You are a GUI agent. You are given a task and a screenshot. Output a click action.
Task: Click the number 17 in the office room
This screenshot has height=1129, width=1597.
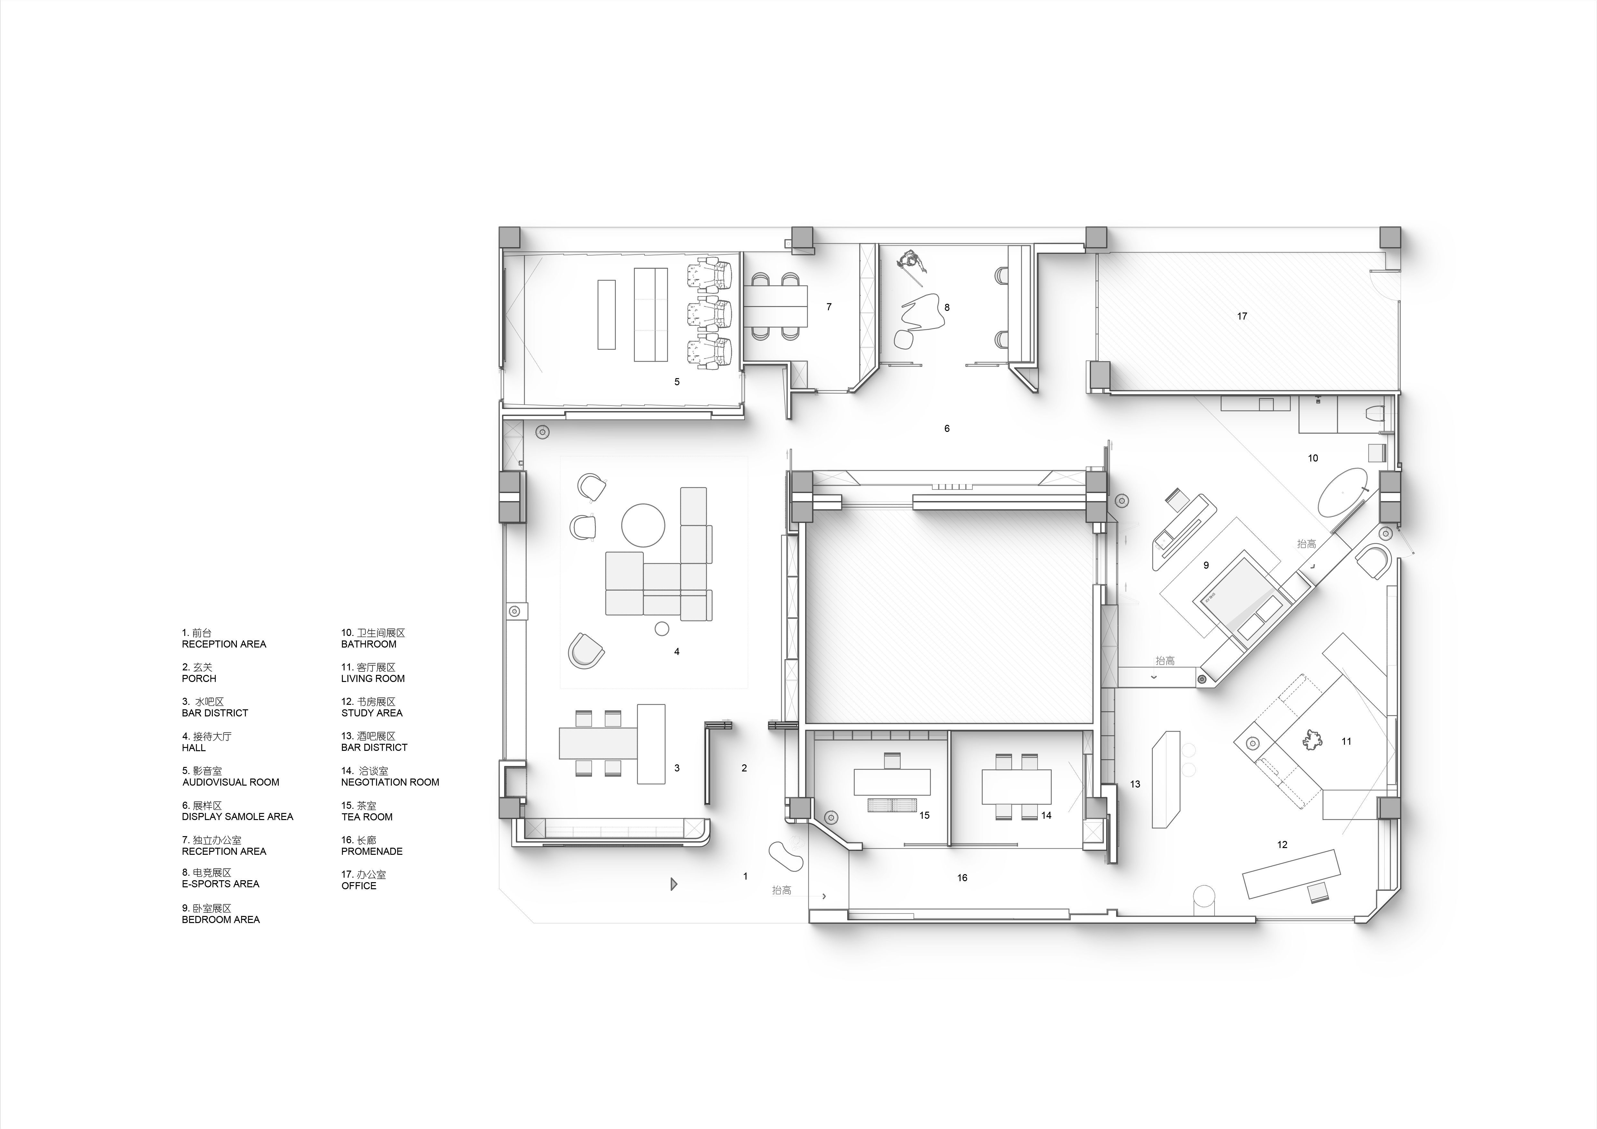tap(1242, 316)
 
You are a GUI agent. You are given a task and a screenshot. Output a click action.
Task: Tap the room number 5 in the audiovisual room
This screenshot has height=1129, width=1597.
tap(677, 382)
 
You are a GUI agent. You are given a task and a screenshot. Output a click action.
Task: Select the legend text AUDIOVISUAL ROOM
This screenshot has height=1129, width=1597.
tap(231, 782)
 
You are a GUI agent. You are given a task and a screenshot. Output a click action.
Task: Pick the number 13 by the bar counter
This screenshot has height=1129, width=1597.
tap(1135, 784)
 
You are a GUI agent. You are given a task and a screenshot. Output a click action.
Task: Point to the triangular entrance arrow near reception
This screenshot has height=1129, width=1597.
tap(673, 884)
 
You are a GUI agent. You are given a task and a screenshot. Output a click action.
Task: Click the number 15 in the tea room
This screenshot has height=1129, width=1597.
tap(925, 816)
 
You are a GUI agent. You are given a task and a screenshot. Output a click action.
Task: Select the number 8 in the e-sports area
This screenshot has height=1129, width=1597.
tap(947, 307)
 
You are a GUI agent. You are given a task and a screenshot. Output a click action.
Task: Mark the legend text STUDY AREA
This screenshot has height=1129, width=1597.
tap(372, 713)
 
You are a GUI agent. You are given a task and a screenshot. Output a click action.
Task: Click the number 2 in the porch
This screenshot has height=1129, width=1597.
tap(744, 768)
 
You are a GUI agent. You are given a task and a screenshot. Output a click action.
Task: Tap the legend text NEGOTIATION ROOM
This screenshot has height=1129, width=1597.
tap(390, 782)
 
